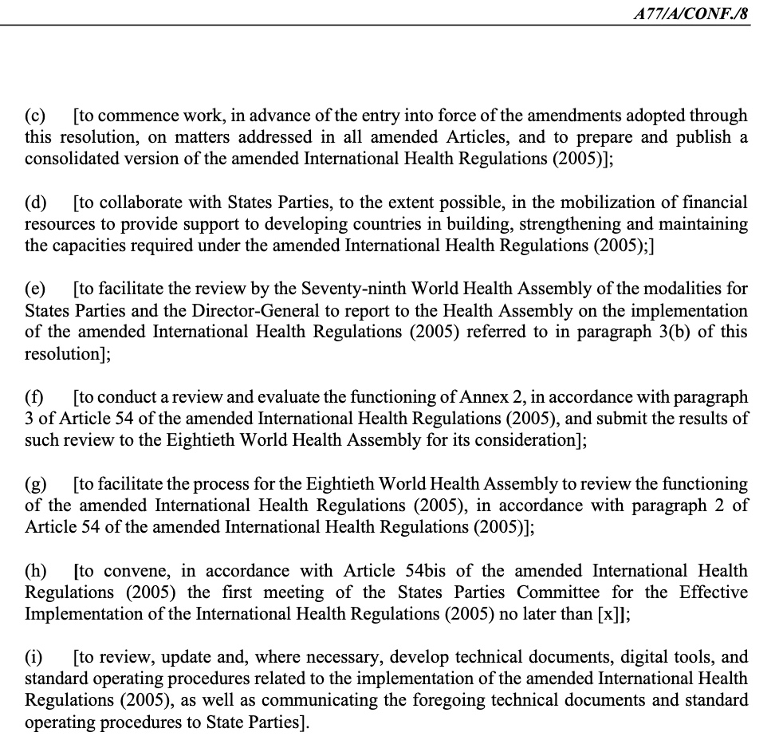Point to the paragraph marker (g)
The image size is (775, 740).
pyautogui.click(x=36, y=484)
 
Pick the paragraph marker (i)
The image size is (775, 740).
pyautogui.click(x=34, y=657)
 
